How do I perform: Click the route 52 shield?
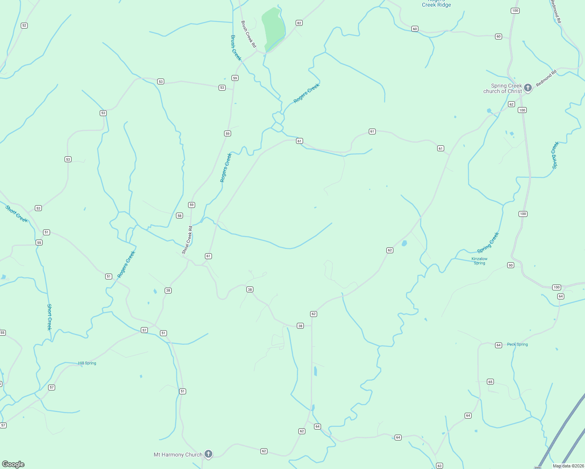point(24,25)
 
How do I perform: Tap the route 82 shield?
point(299,23)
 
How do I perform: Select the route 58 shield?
point(179,215)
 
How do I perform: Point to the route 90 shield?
point(510,265)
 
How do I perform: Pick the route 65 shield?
point(490,381)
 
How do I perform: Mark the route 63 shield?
point(440,465)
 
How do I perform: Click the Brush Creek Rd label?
point(248,34)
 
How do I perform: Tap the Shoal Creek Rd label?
point(187,240)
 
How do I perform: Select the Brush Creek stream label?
point(236,48)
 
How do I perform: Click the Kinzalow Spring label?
point(479,261)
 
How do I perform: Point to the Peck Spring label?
point(517,344)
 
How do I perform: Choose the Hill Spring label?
point(87,363)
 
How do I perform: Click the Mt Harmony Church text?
point(178,455)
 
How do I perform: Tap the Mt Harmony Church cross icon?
point(208,454)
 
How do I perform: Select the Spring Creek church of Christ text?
point(502,88)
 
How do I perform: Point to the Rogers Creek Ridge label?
point(436,4)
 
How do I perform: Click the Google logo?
point(13,464)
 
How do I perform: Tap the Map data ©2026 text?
point(568,466)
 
